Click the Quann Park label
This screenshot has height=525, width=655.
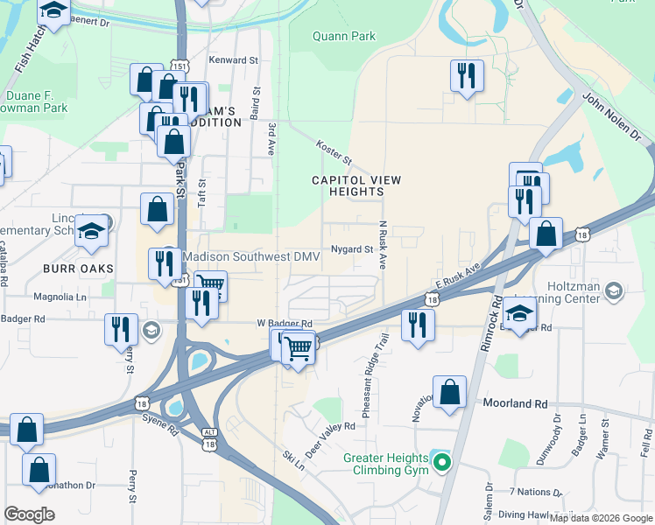344,37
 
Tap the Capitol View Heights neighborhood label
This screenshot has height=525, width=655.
356,186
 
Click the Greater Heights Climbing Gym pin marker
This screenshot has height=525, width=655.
442,463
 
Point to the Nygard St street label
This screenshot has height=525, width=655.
352,249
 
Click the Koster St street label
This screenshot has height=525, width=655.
334,154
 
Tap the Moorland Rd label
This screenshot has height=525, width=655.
515,404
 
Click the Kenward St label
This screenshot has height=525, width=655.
233,60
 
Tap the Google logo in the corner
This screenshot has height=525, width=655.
29,514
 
